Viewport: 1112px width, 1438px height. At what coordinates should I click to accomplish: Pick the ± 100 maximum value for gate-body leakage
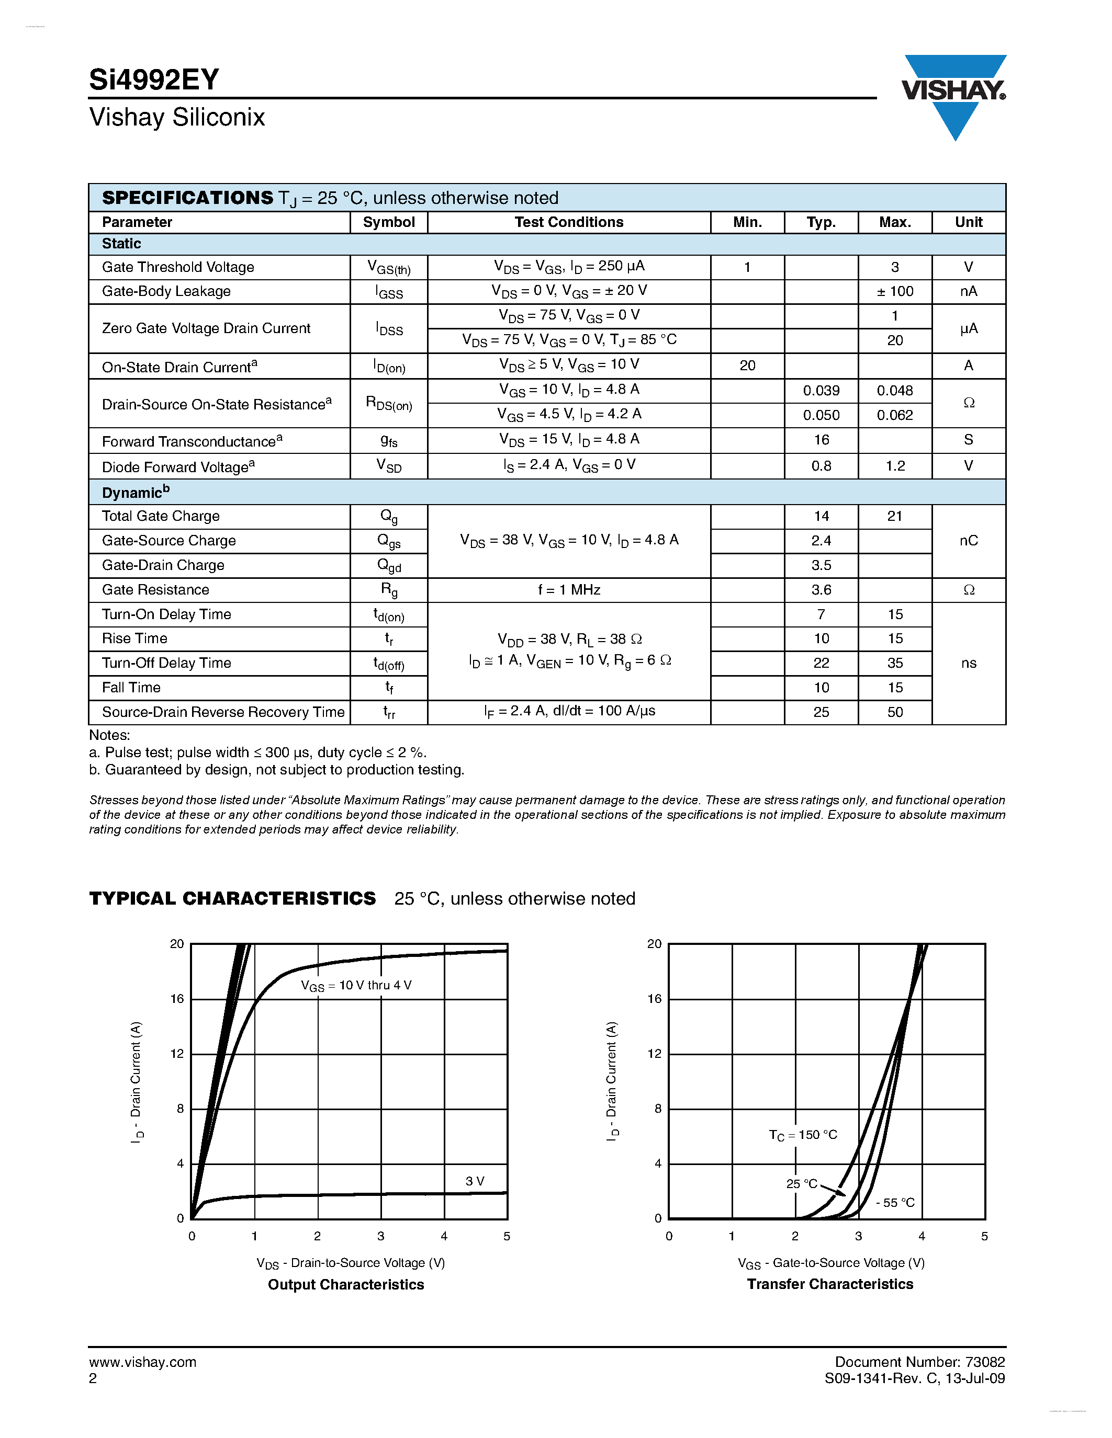(x=895, y=292)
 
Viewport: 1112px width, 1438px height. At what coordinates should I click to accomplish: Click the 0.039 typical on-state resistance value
(x=821, y=391)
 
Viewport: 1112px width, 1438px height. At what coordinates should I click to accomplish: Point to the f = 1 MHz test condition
(x=568, y=590)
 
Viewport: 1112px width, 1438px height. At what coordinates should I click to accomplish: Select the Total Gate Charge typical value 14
(x=821, y=516)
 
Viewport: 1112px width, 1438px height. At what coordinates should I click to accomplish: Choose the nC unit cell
(x=969, y=541)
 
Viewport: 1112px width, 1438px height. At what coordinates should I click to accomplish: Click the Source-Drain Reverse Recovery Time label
(x=223, y=712)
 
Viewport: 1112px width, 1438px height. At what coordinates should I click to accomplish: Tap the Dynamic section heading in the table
(x=136, y=493)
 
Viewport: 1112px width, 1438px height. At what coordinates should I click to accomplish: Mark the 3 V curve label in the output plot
(x=474, y=1181)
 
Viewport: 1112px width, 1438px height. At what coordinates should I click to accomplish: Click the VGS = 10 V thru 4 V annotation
(x=356, y=986)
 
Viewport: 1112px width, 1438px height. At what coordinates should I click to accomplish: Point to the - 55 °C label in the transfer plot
(x=895, y=1203)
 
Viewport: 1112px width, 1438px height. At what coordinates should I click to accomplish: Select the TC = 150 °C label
(x=802, y=1135)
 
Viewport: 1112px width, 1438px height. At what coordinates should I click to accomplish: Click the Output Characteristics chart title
(x=346, y=1285)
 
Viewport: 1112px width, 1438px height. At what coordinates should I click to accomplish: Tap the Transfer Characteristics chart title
(x=830, y=1284)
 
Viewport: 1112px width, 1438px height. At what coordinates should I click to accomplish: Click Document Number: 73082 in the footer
(x=919, y=1362)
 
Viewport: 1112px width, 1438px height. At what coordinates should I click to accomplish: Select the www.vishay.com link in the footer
(x=142, y=1362)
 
